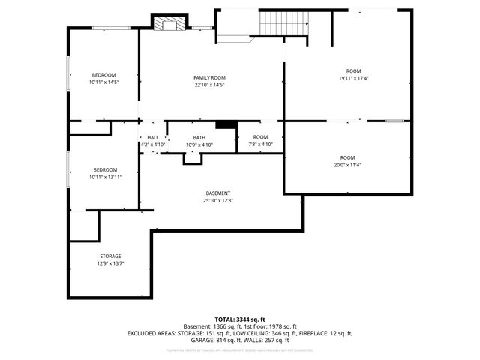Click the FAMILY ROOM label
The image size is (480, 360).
tap(209, 78)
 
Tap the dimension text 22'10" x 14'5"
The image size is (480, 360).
tap(209, 85)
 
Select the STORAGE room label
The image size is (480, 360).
tap(110, 256)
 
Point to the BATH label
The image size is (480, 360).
tap(199, 137)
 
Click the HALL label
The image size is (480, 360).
tap(152, 137)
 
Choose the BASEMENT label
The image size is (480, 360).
tap(217, 193)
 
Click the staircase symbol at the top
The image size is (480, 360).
tap(283, 24)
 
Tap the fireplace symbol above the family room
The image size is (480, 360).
tap(168, 24)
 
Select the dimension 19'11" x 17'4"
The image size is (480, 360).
tap(352, 78)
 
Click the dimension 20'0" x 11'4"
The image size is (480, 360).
tap(347, 165)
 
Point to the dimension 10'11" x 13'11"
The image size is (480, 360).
tap(105, 177)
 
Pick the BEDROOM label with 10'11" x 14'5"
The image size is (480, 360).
tap(103, 75)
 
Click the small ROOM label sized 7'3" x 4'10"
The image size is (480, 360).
tap(260, 137)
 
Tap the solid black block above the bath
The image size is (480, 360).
tap(226, 125)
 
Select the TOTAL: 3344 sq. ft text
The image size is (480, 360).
tap(240, 319)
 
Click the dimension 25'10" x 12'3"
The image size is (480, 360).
tap(217, 200)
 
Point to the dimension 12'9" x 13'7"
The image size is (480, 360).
tap(110, 263)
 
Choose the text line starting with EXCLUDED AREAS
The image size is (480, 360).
tap(240, 332)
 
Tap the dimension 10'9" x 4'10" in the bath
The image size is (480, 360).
tap(199, 145)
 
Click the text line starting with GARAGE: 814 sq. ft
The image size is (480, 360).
tap(240, 339)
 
